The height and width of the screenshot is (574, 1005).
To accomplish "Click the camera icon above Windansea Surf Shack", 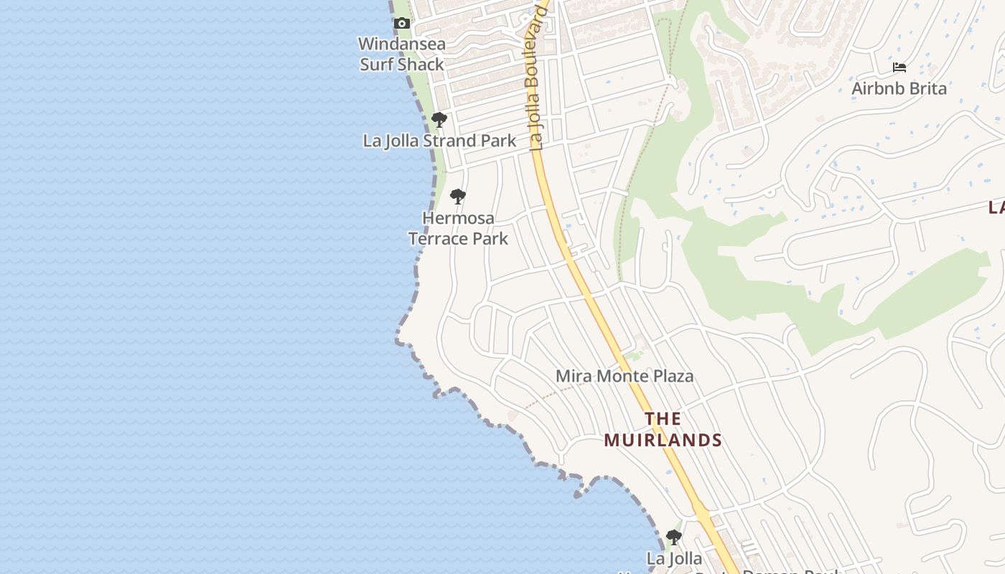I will (x=402, y=24).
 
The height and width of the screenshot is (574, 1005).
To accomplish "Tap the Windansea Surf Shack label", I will (x=402, y=54).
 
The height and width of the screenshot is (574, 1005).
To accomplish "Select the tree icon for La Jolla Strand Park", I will (x=439, y=120).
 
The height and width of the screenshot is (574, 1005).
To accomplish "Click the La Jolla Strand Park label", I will (x=439, y=141).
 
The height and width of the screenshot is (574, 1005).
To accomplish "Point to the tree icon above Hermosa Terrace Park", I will (x=458, y=197).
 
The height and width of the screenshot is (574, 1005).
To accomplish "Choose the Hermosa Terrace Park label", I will (x=458, y=227).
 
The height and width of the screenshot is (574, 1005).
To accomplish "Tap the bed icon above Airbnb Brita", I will (x=899, y=68).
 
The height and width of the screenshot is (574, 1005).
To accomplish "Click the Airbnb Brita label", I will (x=899, y=89).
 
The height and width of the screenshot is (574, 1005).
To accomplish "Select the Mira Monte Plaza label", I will (x=625, y=376).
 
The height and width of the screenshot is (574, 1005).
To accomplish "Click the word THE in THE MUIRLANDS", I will (x=663, y=418).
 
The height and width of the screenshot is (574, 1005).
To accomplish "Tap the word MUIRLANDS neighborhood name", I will (x=663, y=440).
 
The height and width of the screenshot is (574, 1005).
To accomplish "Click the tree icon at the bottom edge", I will (x=673, y=537).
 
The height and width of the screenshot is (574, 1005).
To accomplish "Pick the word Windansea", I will (x=402, y=44).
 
